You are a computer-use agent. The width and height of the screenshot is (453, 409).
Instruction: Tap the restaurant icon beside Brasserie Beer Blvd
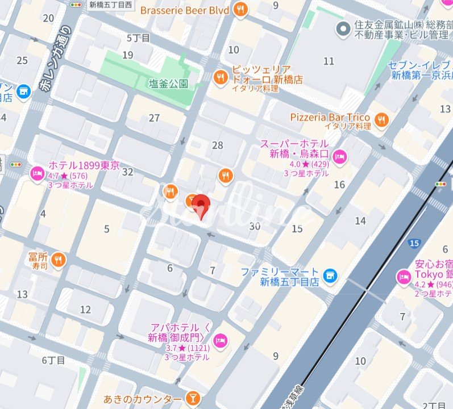[x=242, y=10]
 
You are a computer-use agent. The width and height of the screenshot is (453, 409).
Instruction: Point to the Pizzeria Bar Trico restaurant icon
[x=381, y=119]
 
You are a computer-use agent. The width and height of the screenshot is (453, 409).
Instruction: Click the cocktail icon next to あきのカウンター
[x=194, y=399]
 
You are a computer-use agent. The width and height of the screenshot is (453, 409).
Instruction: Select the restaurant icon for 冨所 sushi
[x=58, y=260]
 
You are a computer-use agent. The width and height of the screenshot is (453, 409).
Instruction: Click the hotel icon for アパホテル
[x=221, y=340]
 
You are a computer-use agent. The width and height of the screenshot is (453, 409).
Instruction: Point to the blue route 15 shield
[x=414, y=243]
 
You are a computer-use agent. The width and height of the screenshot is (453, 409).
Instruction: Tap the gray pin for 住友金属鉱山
[x=342, y=28]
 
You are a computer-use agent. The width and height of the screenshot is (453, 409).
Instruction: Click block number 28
[x=218, y=145]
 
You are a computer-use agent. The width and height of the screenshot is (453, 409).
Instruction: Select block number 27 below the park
[x=154, y=118]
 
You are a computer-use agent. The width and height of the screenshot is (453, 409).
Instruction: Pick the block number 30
[x=255, y=226]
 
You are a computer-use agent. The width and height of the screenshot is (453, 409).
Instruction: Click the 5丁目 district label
[x=138, y=38]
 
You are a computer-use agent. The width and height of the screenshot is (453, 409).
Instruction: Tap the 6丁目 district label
[x=53, y=360]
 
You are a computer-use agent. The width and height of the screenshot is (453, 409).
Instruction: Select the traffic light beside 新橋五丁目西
[x=76, y=4]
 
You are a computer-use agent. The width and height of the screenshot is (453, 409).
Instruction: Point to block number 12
[x=85, y=310]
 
